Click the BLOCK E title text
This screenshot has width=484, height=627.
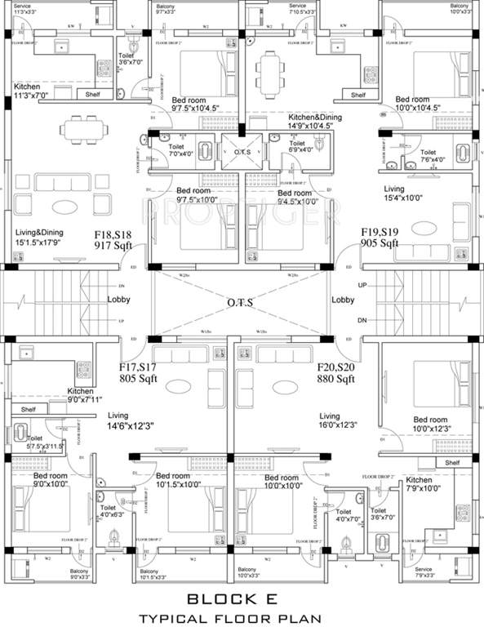coord(241,598)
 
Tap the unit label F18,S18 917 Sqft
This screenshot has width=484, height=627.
coord(114,238)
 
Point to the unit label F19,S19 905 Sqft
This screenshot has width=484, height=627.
coord(380,238)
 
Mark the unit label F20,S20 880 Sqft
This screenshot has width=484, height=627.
coord(335,373)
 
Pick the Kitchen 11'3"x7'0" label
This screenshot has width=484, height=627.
coord(38,90)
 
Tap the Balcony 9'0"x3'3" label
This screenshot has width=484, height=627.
coord(78,575)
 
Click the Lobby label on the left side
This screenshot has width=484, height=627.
coord(118,300)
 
